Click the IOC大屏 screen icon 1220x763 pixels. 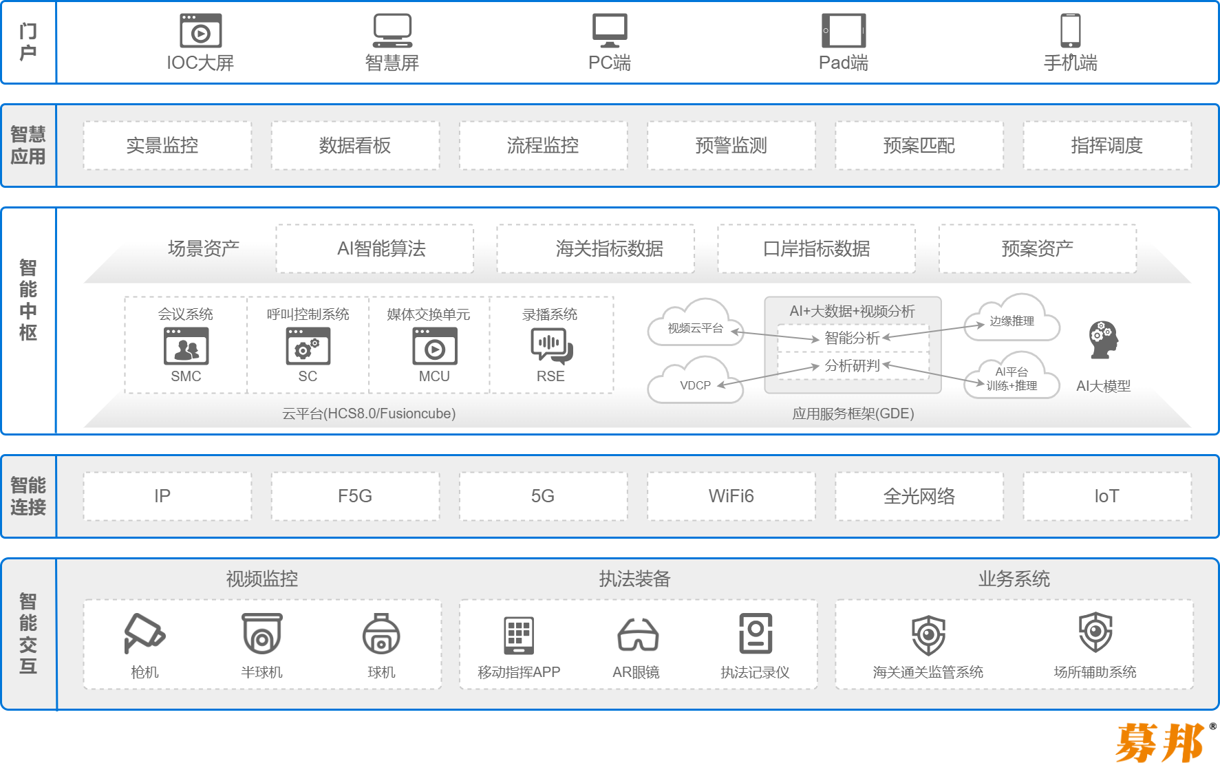click(200, 31)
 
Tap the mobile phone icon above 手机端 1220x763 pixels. click(1070, 31)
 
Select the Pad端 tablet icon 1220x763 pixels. click(844, 31)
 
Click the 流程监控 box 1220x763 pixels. click(543, 145)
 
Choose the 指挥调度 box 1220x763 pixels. click(1106, 145)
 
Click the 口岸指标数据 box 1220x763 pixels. click(816, 248)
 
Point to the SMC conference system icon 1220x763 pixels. click(186, 345)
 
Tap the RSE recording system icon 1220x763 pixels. click(551, 345)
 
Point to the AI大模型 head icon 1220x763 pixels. click(1103, 340)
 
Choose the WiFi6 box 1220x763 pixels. click(731, 496)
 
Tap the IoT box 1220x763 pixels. click(1106, 496)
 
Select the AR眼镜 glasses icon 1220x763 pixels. click(637, 634)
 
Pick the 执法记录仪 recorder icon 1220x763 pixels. click(756, 633)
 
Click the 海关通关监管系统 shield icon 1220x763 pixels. click(928, 634)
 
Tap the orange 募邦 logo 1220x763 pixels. click(1162, 742)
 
